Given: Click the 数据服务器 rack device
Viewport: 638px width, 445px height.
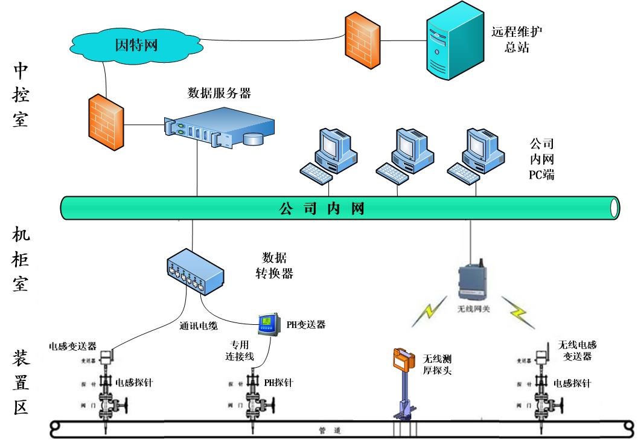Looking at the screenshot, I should coord(219,129).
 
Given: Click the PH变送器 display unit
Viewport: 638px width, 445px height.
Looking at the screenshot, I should coord(267,325).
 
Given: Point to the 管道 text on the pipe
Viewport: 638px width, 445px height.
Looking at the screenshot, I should coord(330,431).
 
